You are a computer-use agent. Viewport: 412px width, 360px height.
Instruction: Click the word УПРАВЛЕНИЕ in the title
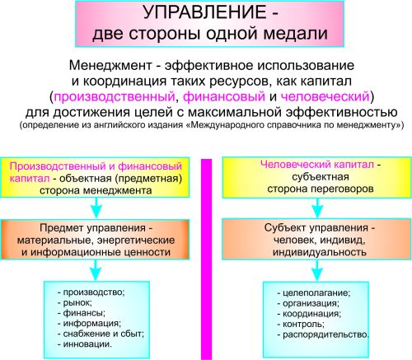pos(204,12)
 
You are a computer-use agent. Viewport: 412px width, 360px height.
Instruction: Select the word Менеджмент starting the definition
pos(110,65)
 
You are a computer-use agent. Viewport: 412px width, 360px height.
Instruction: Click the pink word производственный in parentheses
pos(115,96)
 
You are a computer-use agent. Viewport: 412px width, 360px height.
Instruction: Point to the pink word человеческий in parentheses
pos(325,96)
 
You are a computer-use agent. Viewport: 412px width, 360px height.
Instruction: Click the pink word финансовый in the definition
pos(224,96)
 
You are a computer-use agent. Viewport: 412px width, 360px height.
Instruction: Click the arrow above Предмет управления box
pos(96,208)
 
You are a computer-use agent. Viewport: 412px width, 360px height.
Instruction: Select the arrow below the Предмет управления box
pos(96,270)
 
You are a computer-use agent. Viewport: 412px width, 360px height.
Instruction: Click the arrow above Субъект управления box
pos(318,208)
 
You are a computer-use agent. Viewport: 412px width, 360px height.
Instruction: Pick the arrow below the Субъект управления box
pos(318,271)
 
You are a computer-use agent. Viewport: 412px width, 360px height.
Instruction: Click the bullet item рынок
pos(75,302)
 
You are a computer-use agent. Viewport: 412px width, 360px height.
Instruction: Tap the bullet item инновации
pos(85,344)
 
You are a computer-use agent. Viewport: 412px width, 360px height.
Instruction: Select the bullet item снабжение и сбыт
pos(101,334)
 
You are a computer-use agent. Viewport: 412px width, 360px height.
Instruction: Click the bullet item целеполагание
pos(314,293)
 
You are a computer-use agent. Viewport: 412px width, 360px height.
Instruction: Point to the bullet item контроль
pos(301,325)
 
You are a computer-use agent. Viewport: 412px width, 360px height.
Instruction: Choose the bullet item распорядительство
pos(323,334)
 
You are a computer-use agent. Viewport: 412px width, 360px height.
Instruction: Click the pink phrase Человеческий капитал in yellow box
pos(317,165)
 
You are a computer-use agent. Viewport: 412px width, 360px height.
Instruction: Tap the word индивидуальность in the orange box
pos(320,252)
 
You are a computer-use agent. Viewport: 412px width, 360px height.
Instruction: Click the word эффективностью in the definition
pos(342,112)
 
